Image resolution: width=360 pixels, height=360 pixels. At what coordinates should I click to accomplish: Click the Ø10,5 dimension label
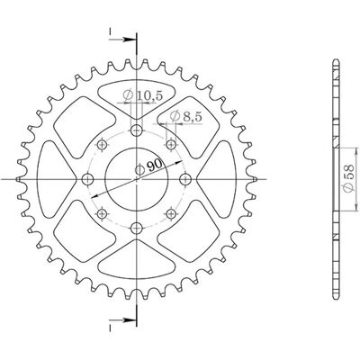coord(142,95)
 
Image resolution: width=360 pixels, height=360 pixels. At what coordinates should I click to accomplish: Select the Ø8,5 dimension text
coord(185,116)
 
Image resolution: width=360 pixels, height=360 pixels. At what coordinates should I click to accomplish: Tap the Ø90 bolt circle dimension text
coord(148,166)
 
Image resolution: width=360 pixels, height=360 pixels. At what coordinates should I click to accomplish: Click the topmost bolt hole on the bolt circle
coord(137,130)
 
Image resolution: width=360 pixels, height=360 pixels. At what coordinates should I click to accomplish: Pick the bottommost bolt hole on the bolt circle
coord(137,229)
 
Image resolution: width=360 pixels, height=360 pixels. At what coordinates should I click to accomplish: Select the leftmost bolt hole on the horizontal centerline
coord(88,179)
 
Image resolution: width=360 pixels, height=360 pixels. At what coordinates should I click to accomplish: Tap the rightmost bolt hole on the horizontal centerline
coord(185,179)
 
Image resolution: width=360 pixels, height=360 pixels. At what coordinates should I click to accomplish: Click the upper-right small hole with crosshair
coord(171,145)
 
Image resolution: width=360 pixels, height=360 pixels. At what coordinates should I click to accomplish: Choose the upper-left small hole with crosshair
coord(103,145)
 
